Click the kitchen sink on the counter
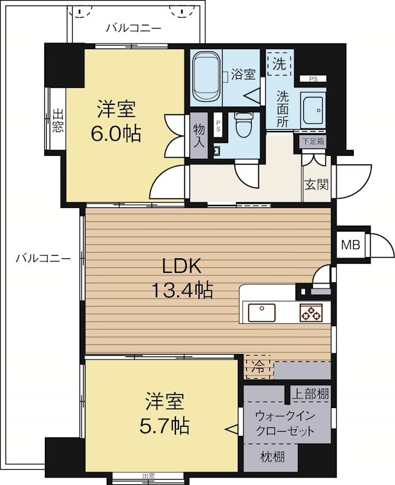(x=262, y=313)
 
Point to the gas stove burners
(x=311, y=312)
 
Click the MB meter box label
(x=351, y=245)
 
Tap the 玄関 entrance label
(x=316, y=185)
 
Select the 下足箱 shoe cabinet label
(x=313, y=141)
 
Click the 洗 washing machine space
(x=279, y=64)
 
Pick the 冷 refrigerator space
(x=258, y=367)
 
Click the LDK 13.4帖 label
(x=182, y=278)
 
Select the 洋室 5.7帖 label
(x=164, y=413)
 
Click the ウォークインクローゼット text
(x=285, y=423)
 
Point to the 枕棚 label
(x=272, y=457)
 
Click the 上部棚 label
(x=311, y=394)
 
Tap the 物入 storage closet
(x=199, y=136)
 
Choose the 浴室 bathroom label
(x=243, y=75)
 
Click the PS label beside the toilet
(x=218, y=126)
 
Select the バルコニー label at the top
(x=133, y=28)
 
